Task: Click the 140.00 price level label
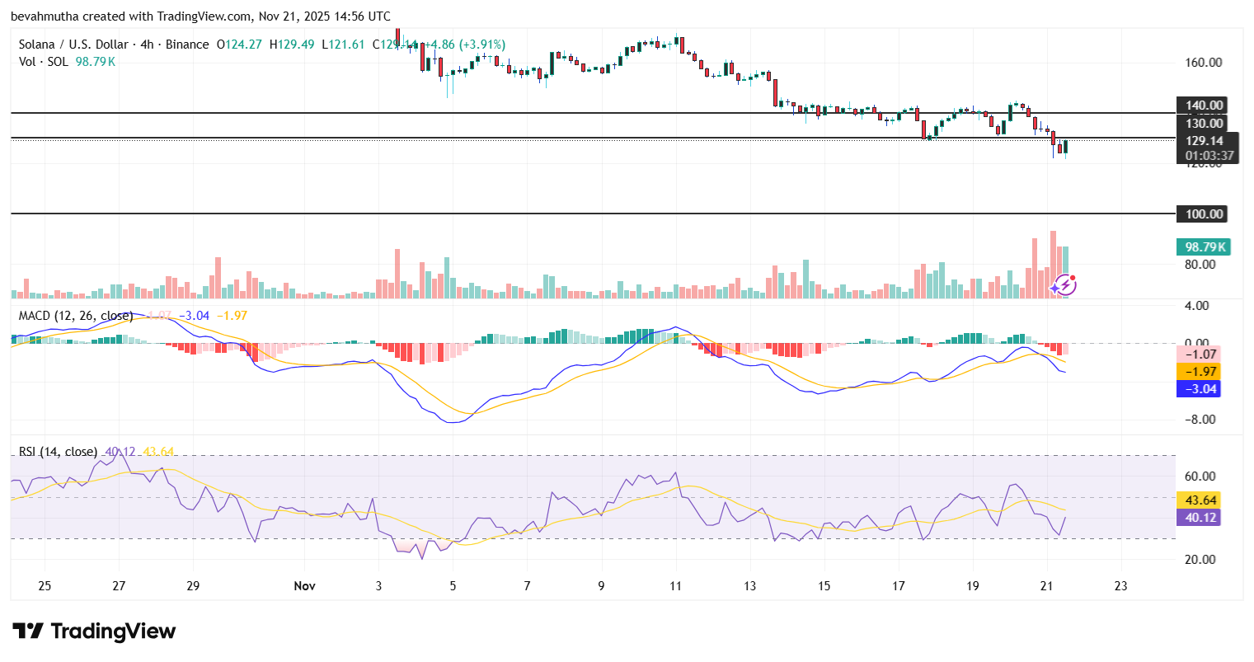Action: pos(1204,106)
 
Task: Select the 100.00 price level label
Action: pos(1204,214)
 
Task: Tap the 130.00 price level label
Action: pos(1204,124)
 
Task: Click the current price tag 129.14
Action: pos(1204,141)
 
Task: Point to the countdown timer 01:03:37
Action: pos(1209,156)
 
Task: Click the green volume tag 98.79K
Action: pos(1204,247)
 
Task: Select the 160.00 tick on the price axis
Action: pos(1203,63)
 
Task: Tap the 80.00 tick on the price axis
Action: pos(1200,265)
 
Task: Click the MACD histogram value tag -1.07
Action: pos(1200,354)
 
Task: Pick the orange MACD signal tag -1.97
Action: pos(1200,372)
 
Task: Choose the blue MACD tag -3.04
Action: pos(1200,389)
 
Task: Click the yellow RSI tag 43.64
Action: pos(1200,500)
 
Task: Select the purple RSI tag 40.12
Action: pos(1200,518)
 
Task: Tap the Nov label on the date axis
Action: pos(304,586)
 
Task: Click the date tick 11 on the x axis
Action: pos(675,586)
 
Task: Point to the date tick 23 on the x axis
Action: pos(1120,586)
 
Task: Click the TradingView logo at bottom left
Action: pos(94,631)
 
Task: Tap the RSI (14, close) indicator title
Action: pos(58,452)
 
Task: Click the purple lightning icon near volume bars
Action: pos(1064,285)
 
